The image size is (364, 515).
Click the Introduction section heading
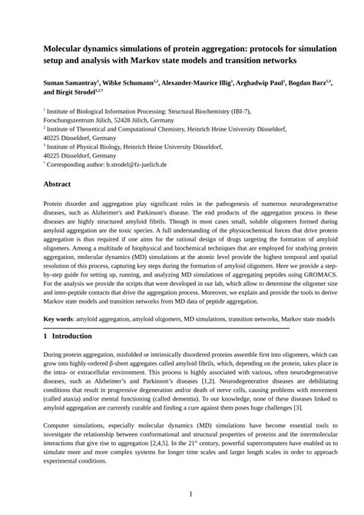(x=75, y=336)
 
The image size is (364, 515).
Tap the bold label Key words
(x=59, y=318)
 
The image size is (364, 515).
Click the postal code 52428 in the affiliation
(x=114, y=121)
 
